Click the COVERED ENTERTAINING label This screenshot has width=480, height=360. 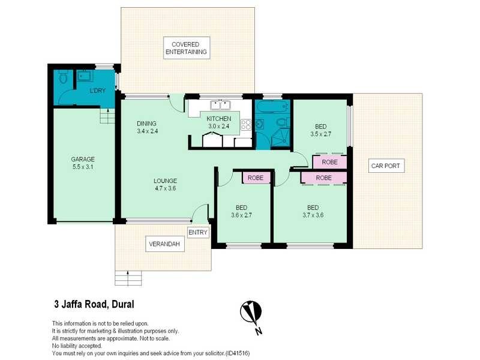pyautogui.click(x=187, y=49)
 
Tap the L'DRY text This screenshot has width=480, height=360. pyautogui.click(x=97, y=90)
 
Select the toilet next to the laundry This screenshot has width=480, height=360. pyautogui.click(x=63, y=78)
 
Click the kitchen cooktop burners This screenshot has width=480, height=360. pyautogui.click(x=246, y=125)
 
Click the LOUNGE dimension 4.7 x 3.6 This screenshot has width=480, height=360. pyautogui.click(x=164, y=188)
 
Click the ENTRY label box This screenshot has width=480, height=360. pyautogui.click(x=198, y=232)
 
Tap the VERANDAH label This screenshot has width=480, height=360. pyautogui.click(x=165, y=244)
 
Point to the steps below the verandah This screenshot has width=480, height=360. pyautogui.click(x=129, y=278)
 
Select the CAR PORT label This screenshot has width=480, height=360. pyautogui.click(x=388, y=166)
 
